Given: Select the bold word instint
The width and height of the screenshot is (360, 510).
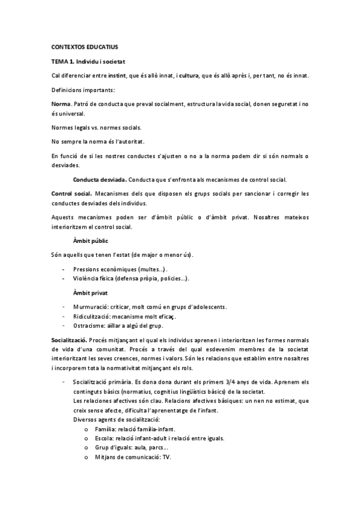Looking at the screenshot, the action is coord(124,75).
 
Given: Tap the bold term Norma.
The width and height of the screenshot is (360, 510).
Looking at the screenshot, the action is coord(61,104).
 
